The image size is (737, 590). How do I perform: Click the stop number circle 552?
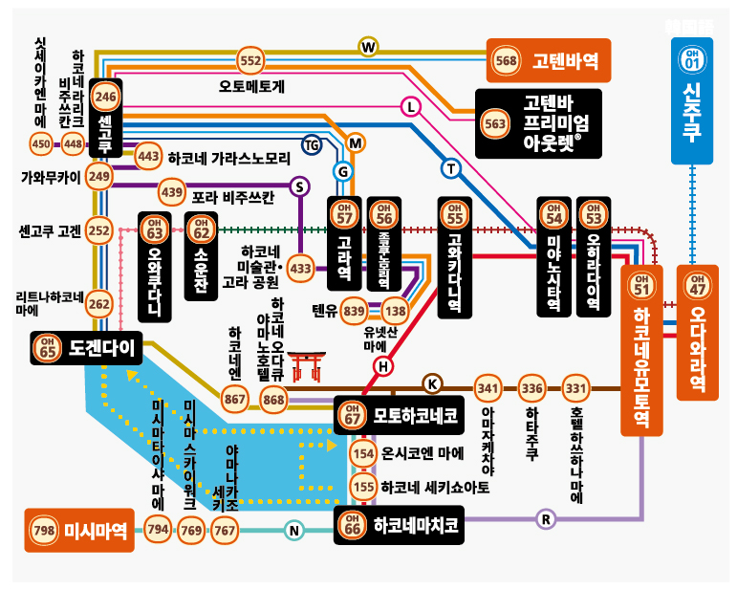tap(250, 61)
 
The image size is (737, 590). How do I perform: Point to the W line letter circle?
tap(368, 46)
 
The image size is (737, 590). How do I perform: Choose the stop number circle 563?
tap(495, 123)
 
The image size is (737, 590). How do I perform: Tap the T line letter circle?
tap(451, 168)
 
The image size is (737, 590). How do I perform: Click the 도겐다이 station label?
tap(87, 348)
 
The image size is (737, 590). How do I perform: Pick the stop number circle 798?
tap(44, 531)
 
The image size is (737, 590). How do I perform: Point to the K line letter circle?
tap(432, 383)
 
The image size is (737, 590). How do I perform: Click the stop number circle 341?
tap(488, 388)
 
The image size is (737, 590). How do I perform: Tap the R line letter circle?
tap(546, 519)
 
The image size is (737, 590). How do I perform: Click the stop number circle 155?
tap(363, 487)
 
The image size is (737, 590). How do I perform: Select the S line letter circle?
tap(300, 186)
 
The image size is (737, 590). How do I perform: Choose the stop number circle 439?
tap(172, 192)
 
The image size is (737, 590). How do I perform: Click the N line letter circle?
tap(294, 531)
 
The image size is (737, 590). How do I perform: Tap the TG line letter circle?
tap(312, 144)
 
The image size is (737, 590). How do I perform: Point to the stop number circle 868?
tap(274, 398)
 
